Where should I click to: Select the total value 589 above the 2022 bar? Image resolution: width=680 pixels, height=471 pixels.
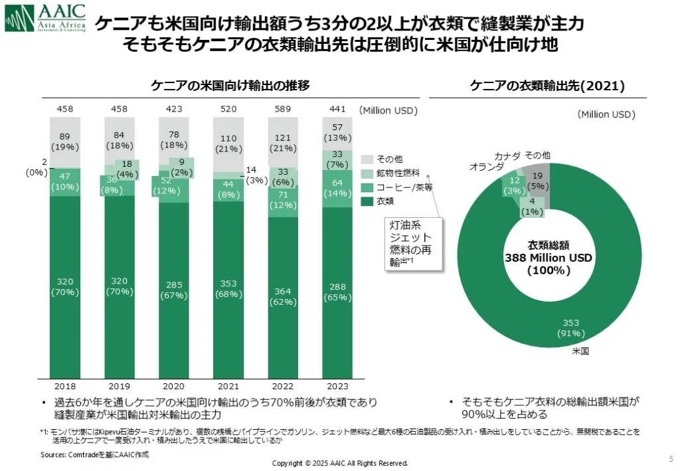[284, 109]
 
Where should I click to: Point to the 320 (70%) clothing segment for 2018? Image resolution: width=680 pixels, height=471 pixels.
[65, 286]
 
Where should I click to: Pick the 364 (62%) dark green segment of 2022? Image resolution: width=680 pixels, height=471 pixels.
[284, 298]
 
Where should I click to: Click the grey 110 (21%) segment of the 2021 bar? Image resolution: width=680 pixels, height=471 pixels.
[228, 143]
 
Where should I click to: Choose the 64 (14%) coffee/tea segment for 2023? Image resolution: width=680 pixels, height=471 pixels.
[338, 188]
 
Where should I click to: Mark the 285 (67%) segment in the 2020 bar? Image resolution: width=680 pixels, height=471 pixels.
[174, 290]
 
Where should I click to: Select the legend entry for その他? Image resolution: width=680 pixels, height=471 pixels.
[386, 159]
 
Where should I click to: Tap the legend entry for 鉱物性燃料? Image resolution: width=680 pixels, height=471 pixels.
[394, 173]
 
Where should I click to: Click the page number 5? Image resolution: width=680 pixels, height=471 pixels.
[669, 458]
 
